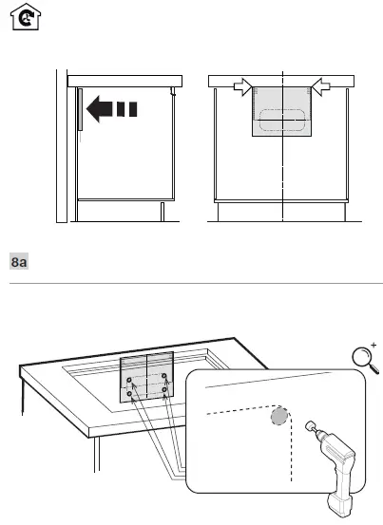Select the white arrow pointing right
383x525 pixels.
coord(244,87)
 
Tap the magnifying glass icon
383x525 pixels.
coord(361,359)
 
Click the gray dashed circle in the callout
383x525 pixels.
coord(278,419)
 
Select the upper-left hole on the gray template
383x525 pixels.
coord(128,377)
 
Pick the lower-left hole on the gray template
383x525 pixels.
coord(129,394)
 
